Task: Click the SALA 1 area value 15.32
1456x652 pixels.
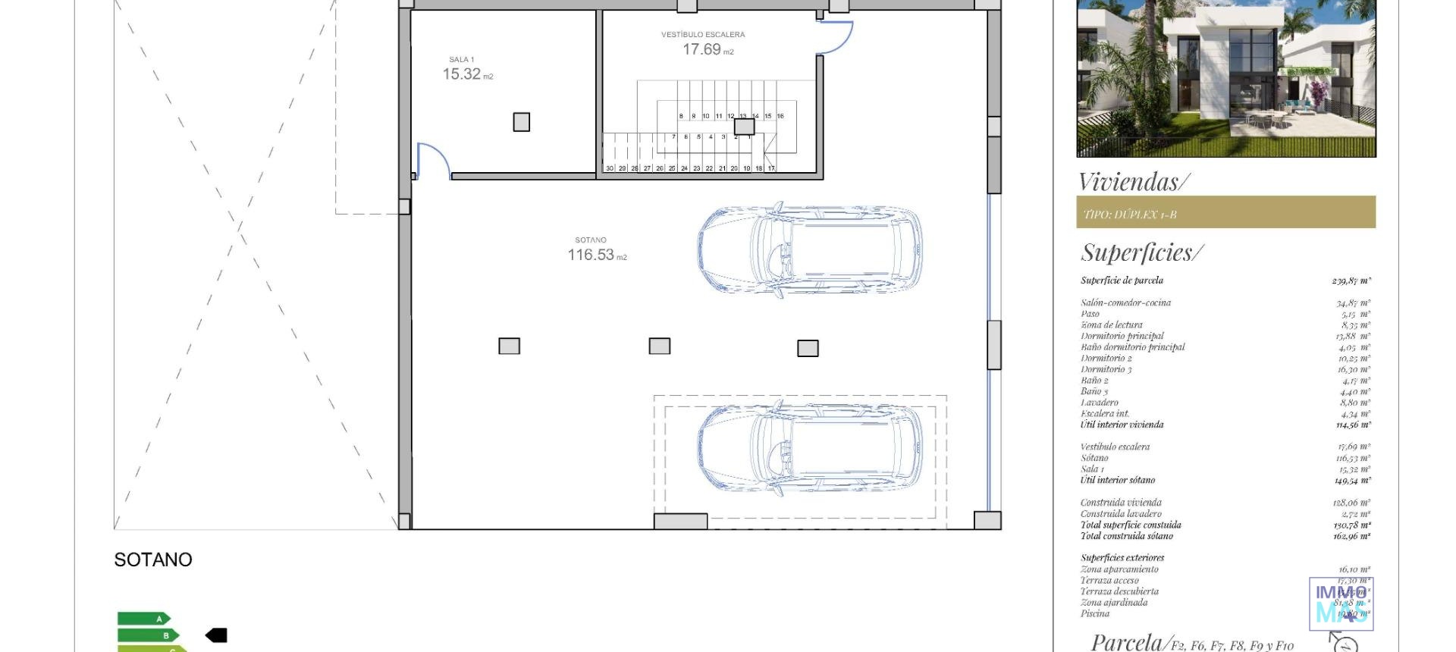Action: [x=462, y=74]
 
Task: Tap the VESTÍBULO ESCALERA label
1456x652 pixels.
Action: [x=703, y=34]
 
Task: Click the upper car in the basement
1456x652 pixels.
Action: [x=810, y=248]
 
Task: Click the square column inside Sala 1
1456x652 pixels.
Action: [x=521, y=122]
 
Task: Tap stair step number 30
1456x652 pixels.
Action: [x=610, y=168]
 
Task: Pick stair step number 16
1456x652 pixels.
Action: [x=780, y=116]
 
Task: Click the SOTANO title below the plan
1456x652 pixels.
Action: [x=153, y=560]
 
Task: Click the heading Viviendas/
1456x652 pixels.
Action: [x=1134, y=182]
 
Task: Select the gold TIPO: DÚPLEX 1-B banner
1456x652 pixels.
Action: [x=1225, y=212]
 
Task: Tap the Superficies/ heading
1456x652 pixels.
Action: [x=1141, y=252]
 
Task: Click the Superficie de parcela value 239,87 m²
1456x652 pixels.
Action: [x=1351, y=281]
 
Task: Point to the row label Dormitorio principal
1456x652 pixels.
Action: [x=1122, y=336]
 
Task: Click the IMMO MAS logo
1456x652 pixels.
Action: [x=1341, y=603]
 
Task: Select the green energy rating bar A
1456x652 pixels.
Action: [x=144, y=619]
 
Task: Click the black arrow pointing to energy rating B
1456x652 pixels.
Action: [x=216, y=635]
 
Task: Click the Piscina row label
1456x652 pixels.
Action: [x=1094, y=613]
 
